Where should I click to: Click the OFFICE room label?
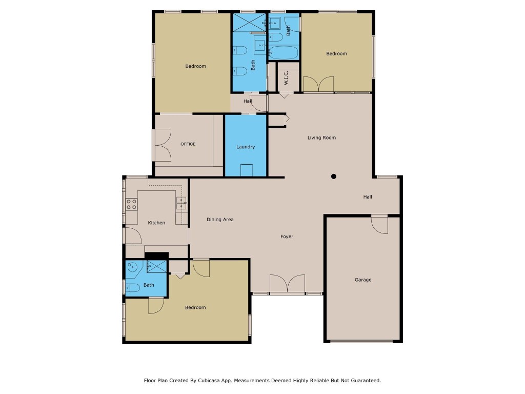pyautogui.click(x=188, y=144)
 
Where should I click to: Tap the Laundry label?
pyautogui.click(x=246, y=147)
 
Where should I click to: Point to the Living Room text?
pyautogui.click(x=321, y=137)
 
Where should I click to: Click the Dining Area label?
pyautogui.click(x=220, y=220)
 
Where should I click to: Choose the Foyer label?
pyautogui.click(x=287, y=237)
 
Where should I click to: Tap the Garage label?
pyautogui.click(x=363, y=280)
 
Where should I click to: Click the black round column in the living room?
pyautogui.click(x=333, y=176)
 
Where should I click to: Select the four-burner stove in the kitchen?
pyautogui.click(x=131, y=204)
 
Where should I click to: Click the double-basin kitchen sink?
pyautogui.click(x=181, y=204)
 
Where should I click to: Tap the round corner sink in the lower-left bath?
pyautogui.click(x=133, y=267)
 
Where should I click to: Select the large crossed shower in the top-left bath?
pyautogui.click(x=249, y=22)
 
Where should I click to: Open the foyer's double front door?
pyautogui.click(x=287, y=284)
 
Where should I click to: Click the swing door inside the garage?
pyautogui.click(x=379, y=225)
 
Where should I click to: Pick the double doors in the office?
pyautogui.click(x=162, y=145)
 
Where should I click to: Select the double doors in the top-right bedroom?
pyautogui.click(x=318, y=84)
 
